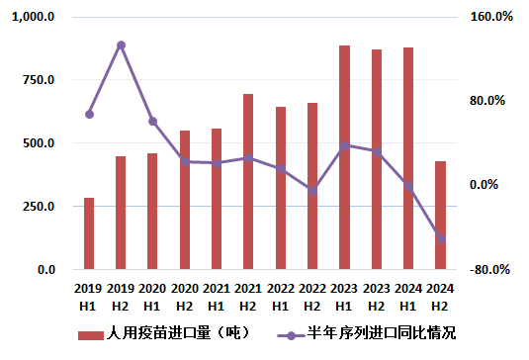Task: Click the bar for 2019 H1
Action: pos(89,233)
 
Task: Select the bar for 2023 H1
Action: pos(344,157)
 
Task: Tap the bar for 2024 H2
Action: pos(440,215)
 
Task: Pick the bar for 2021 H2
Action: pos(248,181)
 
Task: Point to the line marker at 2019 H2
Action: pos(121,45)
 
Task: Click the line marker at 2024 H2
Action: pos(440,238)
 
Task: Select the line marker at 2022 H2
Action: pos(312,190)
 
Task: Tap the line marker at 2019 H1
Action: pos(89,115)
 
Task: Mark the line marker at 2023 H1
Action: pos(344,146)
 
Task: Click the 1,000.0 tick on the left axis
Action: pos(35,18)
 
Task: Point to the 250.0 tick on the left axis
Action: pos(41,207)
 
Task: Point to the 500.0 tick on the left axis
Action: pos(41,143)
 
